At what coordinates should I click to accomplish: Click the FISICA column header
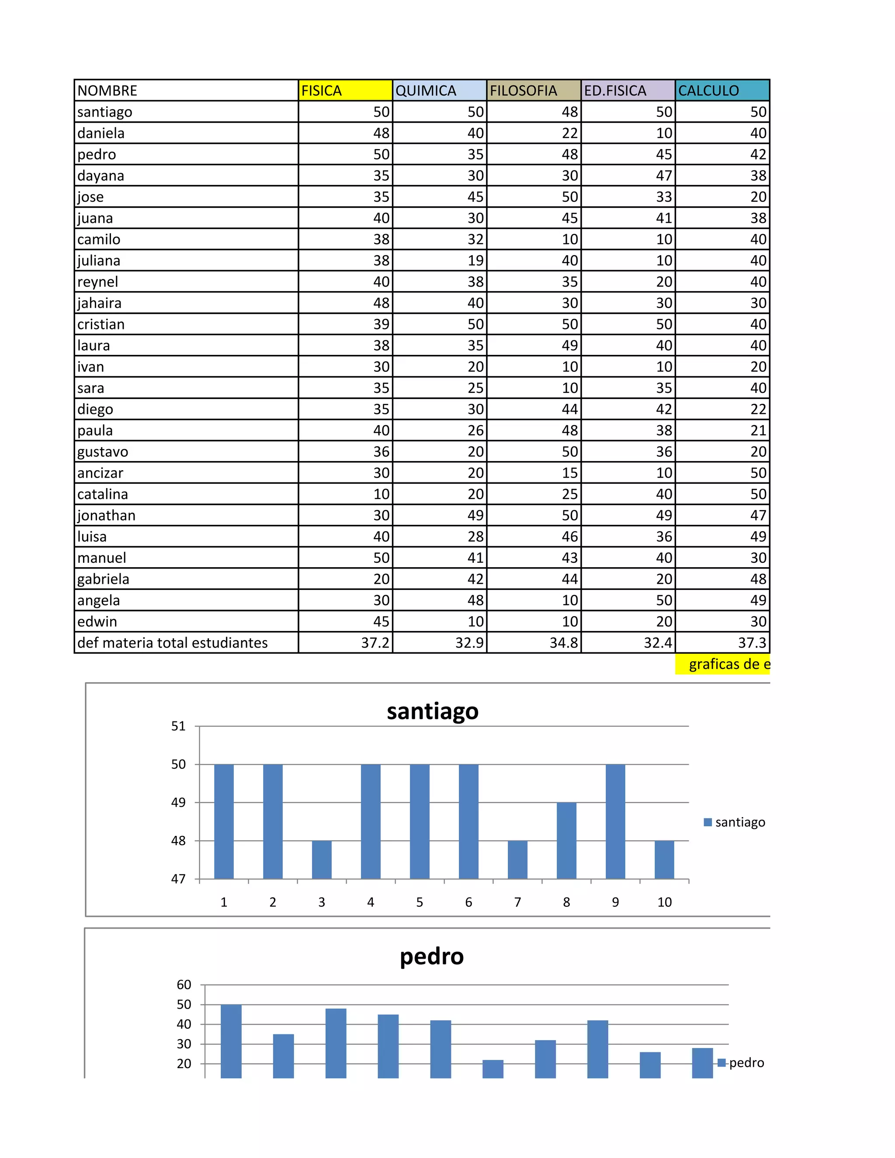[345, 90]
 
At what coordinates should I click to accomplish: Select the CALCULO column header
[722, 90]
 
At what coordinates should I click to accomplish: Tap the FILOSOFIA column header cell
[534, 90]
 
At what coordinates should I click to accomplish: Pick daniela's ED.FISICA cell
[628, 133]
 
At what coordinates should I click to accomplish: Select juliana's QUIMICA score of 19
[440, 260]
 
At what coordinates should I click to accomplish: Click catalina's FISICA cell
[345, 494]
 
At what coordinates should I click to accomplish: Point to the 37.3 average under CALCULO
[722, 643]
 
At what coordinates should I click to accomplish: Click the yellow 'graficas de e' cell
[722, 664]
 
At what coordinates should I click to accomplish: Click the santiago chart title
[432, 711]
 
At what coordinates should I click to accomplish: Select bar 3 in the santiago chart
[321, 860]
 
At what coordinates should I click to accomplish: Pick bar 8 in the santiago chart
[566, 840]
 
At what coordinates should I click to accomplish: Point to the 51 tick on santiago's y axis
[179, 726]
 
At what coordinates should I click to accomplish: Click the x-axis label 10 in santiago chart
[664, 902]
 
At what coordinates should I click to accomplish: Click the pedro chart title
[432, 957]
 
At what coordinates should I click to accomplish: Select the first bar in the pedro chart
[231, 1041]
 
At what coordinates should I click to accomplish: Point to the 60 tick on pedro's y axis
[184, 985]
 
